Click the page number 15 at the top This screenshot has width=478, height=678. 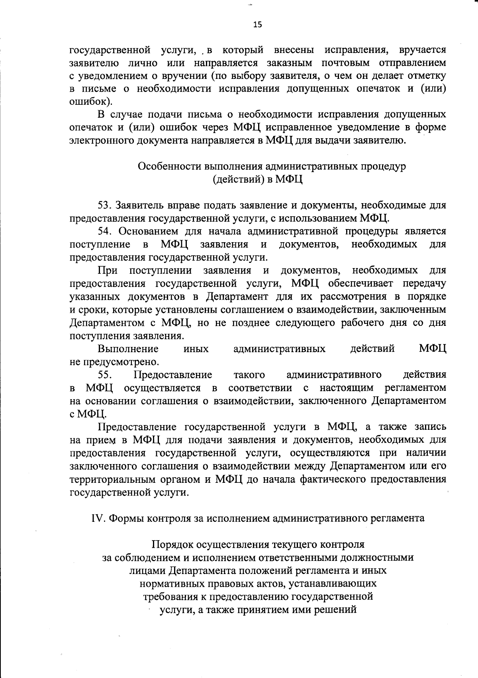point(258,25)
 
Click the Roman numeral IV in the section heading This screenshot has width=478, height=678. point(98,518)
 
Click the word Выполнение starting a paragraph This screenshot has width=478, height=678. point(128,349)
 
